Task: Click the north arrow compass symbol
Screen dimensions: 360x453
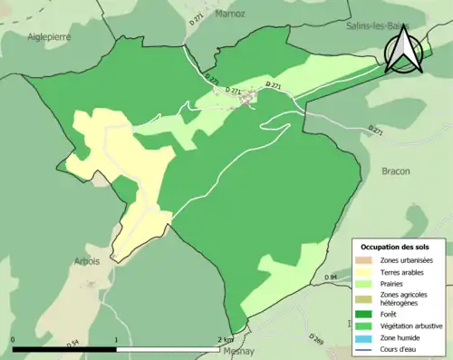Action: click(x=404, y=50)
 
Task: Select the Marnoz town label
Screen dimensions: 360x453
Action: click(x=231, y=14)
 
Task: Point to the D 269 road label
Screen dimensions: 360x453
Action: click(x=316, y=339)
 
